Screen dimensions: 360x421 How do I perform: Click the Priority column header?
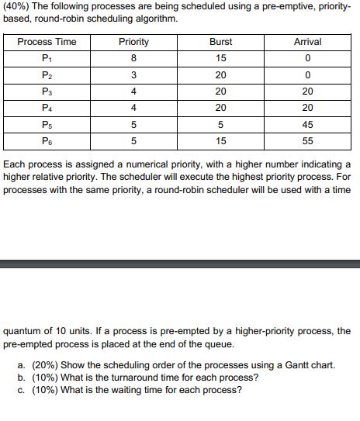(134, 42)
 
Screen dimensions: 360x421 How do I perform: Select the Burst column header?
(221, 42)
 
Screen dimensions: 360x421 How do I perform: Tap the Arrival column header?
(308, 42)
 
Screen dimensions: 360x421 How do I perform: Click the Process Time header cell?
(47, 42)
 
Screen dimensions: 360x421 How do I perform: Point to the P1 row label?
(47, 58)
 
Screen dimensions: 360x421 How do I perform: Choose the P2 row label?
(47, 75)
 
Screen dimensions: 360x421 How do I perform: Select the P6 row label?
(47, 141)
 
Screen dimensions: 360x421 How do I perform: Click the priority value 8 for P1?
(134, 58)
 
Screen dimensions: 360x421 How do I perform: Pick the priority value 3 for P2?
(134, 75)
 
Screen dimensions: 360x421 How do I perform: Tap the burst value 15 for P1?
(221, 58)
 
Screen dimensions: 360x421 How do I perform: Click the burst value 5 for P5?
(221, 125)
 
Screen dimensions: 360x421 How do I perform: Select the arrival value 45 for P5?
(308, 125)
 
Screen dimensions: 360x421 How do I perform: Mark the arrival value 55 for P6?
(308, 141)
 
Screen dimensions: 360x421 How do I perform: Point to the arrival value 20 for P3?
(308, 91)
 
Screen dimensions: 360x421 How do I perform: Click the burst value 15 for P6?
(221, 141)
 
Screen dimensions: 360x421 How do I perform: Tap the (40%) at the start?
(16, 8)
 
